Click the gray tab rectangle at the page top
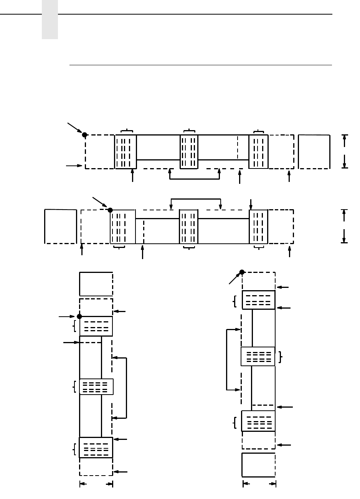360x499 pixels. [50, 20]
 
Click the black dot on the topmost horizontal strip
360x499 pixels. [84, 135]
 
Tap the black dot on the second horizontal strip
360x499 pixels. [110, 210]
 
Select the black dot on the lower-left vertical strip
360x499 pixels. [79, 316]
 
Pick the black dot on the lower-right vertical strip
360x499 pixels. [242, 272]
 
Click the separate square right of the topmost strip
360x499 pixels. [314, 152]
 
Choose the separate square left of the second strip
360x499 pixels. [60, 226]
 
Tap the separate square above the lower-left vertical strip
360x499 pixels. [96, 284]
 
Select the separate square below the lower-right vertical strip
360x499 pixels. [259, 465]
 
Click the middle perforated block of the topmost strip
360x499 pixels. [189, 152]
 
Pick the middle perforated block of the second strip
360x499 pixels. [189, 226]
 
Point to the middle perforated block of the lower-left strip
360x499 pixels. [96, 387]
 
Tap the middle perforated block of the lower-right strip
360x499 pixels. [258, 357]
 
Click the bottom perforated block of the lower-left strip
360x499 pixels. [96, 448]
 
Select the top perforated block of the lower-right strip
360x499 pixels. [259, 300]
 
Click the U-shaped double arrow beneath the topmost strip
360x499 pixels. [194, 178]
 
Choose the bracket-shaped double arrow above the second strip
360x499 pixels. [195, 199]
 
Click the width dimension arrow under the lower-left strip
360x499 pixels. [96, 484]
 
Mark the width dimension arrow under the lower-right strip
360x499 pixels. [259, 484]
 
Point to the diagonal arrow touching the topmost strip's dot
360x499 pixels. [75, 128]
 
